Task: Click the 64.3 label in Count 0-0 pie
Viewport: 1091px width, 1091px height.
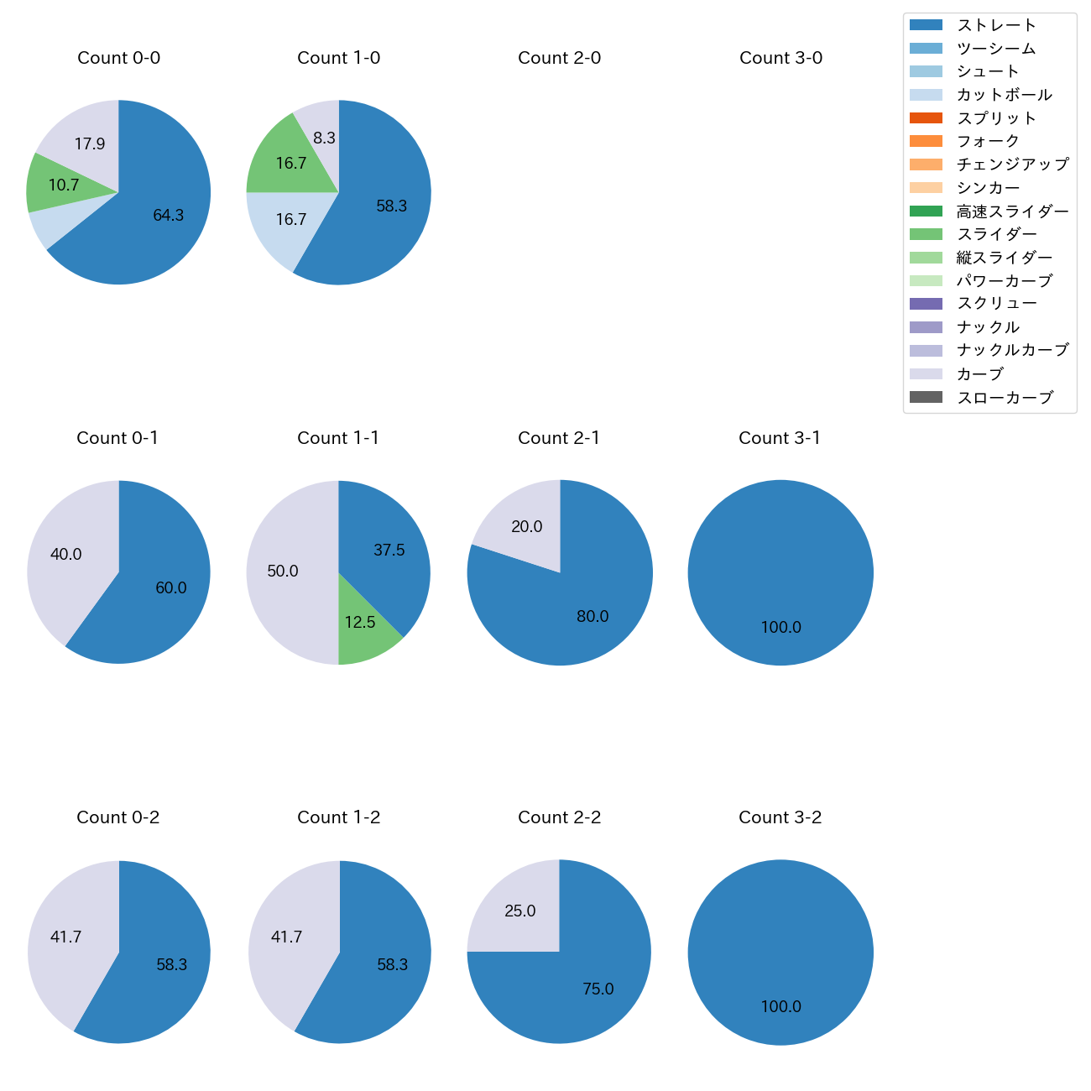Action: coord(168,216)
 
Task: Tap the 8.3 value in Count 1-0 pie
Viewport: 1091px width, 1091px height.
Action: coord(324,138)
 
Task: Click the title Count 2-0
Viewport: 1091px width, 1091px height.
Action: coord(559,58)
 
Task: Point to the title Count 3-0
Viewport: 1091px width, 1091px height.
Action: coord(780,58)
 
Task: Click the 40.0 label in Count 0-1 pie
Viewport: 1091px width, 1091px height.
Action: coord(66,555)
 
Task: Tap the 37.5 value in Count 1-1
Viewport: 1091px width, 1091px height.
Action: coord(389,551)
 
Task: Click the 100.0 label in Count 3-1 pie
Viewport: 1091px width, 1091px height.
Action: coord(780,628)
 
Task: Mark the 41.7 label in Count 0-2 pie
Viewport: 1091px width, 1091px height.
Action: coord(66,937)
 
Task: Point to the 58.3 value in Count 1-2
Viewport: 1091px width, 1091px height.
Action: coord(392,965)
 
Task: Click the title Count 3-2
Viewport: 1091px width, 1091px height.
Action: coord(780,817)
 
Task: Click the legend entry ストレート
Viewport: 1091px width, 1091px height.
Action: coord(996,25)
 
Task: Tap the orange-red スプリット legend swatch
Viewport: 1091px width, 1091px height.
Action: coord(926,118)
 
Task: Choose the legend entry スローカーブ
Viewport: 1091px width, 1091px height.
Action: coord(1005,398)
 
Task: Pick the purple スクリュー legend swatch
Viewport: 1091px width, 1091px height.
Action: coord(926,304)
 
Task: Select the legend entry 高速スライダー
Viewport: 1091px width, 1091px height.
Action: coord(1013,211)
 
